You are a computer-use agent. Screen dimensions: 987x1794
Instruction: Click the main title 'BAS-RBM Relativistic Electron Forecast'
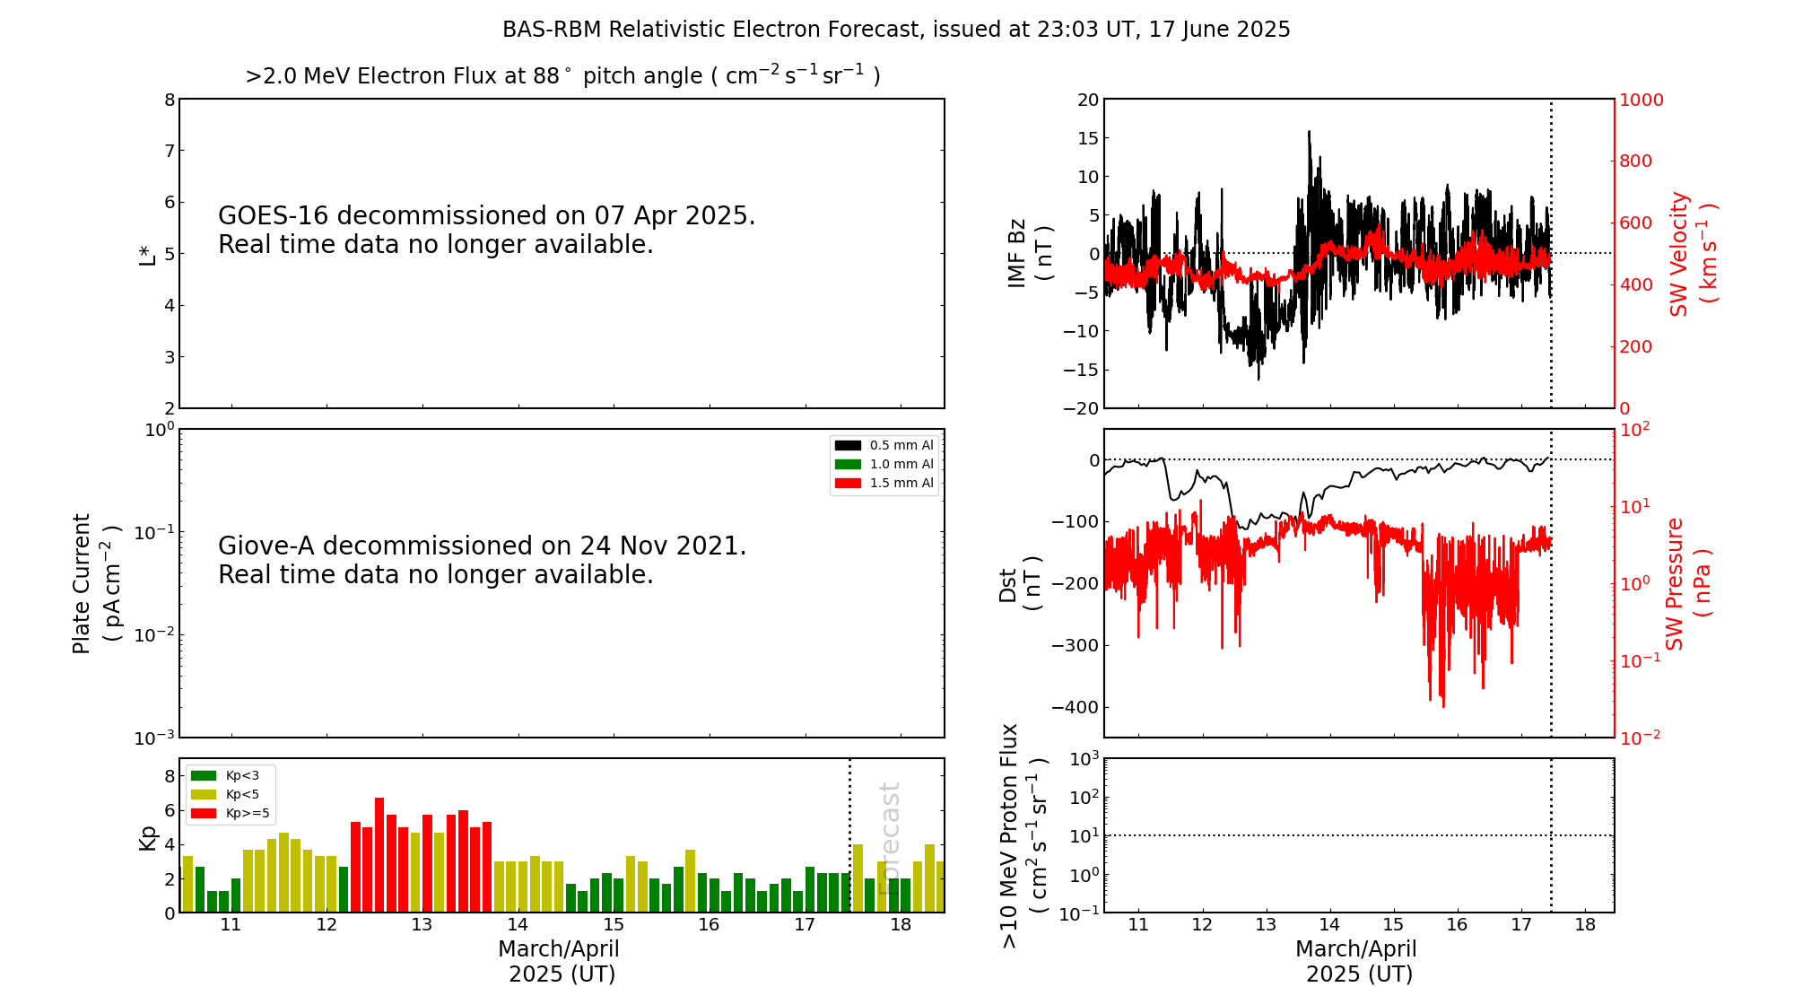tap(895, 30)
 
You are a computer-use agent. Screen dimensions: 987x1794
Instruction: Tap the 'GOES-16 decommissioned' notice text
tap(486, 230)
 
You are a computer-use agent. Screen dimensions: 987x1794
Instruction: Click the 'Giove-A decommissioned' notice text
tap(482, 560)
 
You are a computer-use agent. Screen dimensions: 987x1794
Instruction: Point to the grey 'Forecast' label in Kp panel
tap(889, 838)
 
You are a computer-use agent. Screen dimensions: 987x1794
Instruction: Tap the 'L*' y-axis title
tap(147, 254)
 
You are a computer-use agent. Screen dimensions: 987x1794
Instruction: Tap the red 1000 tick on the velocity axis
tap(1641, 100)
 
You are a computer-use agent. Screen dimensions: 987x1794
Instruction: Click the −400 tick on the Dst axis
tap(1076, 707)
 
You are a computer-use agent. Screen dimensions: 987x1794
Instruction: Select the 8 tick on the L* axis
tap(170, 100)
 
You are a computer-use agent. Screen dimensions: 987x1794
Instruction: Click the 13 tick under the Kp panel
tap(422, 925)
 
